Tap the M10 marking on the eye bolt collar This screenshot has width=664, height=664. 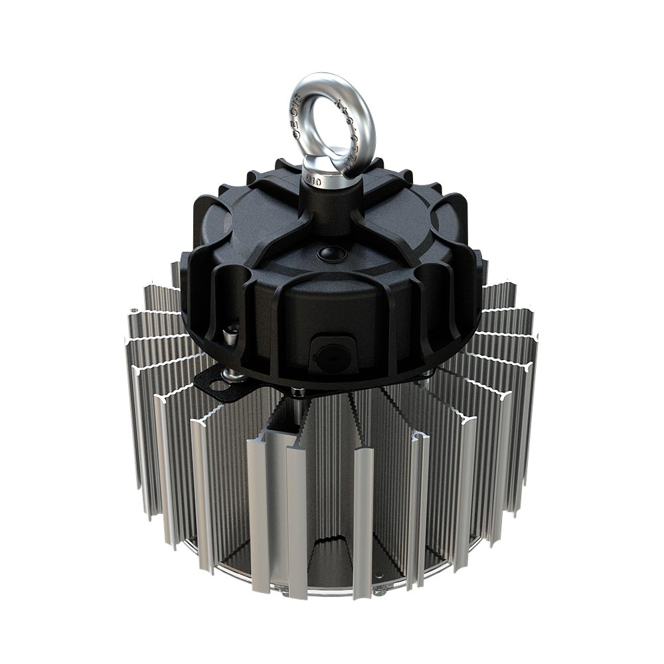[x=314, y=180]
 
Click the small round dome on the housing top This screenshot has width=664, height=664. [x=327, y=254]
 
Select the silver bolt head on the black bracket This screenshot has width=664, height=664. [x=233, y=376]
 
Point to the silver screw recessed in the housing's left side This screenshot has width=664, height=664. [x=229, y=335]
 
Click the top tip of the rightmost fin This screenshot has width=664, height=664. [x=535, y=338]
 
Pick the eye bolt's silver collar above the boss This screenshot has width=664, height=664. [x=318, y=169]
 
